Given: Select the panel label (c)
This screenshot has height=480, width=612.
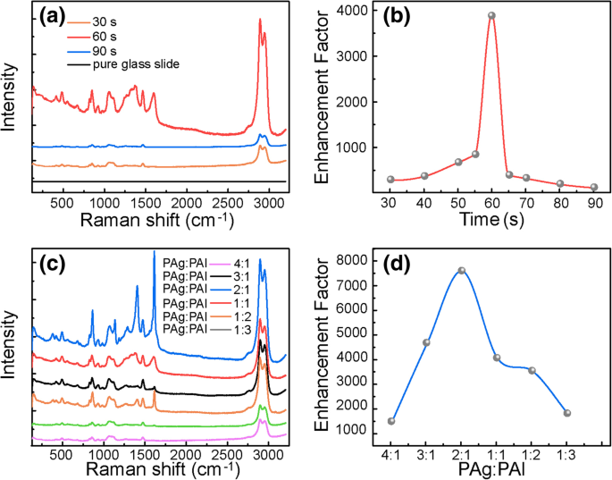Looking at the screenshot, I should pyautogui.click(x=53, y=264).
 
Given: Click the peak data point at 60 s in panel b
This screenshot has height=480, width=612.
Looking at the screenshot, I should pyautogui.click(x=491, y=15).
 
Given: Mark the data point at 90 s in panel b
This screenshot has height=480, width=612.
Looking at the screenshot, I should pyautogui.click(x=594, y=188).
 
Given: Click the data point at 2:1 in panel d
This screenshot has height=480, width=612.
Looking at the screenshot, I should pyautogui.click(x=462, y=270).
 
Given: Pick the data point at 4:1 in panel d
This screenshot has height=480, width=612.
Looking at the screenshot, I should pyautogui.click(x=391, y=421).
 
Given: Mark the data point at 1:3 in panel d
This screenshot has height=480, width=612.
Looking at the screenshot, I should pyautogui.click(x=566, y=413).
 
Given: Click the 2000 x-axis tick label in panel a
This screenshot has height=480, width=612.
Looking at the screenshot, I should pyautogui.click(x=186, y=203).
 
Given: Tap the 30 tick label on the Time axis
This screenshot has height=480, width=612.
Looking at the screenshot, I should pyautogui.click(x=390, y=203).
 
